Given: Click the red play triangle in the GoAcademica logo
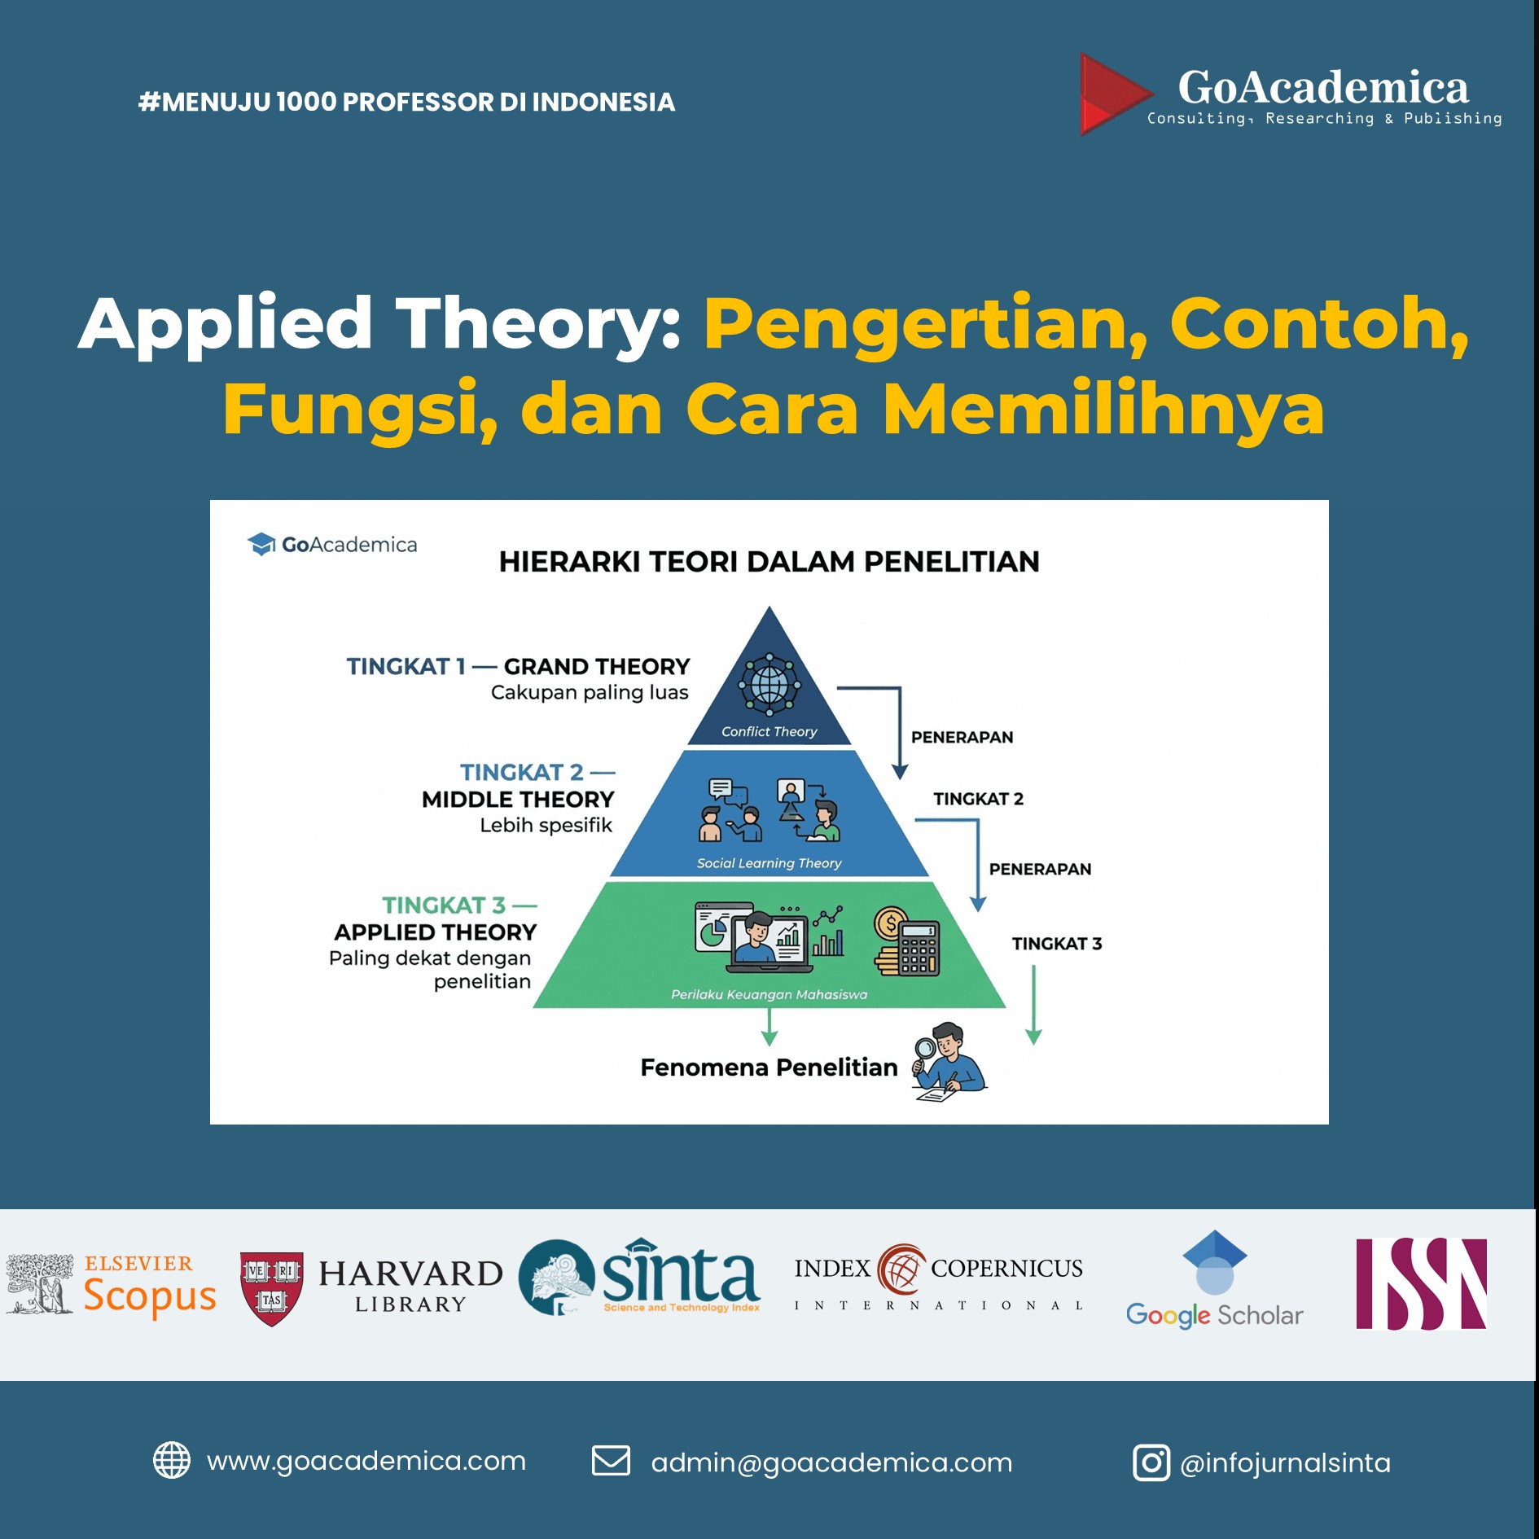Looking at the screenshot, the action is point(1112,94).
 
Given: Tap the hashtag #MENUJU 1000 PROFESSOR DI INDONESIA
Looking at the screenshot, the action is point(406,102).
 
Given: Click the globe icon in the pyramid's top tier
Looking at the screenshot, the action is point(769,684).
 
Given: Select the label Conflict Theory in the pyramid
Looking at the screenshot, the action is point(769,731).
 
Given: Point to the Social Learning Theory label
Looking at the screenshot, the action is point(769,862).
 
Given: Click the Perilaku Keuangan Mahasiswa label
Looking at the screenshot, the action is point(769,994).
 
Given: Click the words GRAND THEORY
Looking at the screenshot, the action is point(597,666).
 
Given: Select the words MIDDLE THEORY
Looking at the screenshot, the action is point(518,799).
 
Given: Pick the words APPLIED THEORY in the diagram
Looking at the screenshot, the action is point(436,932).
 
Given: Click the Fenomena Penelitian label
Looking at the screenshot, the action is point(769,1067).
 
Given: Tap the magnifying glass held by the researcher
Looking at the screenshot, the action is point(925,1051).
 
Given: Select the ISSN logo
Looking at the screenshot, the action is point(1421,1284).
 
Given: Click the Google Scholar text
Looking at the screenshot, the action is point(1214,1315).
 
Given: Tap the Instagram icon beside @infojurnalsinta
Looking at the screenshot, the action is point(1151,1462).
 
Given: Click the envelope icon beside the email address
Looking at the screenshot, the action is point(611,1461).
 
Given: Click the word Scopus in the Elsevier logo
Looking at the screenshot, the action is point(150,1296).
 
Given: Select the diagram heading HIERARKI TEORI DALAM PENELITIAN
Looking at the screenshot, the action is point(769,561).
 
